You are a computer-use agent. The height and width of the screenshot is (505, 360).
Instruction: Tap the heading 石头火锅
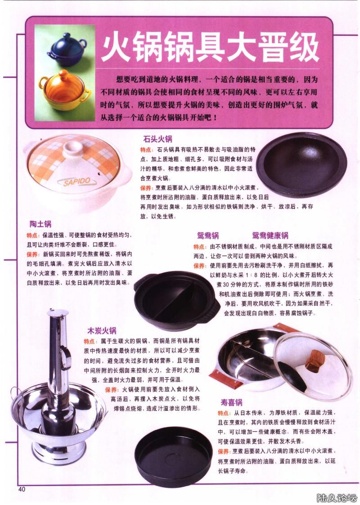158,139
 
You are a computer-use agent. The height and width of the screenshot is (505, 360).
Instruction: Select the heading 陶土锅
40,224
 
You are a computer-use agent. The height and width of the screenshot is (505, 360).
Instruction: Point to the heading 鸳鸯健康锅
270,235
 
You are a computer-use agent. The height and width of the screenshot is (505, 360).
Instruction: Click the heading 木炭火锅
102,330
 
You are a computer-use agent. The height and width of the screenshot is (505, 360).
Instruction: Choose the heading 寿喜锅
231,402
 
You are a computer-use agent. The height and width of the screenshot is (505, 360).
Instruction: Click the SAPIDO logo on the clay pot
76,182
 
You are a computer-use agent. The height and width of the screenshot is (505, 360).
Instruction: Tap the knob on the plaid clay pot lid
73,149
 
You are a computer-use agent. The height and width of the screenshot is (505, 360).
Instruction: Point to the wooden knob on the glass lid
314,361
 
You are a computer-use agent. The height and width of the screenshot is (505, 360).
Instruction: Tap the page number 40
22,489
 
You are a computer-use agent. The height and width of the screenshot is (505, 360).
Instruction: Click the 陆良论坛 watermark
337,498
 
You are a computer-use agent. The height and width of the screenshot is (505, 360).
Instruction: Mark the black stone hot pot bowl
301,165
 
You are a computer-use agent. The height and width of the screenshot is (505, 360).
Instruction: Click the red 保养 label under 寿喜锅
224,451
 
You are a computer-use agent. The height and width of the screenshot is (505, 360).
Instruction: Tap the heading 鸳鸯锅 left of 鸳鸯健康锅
208,235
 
